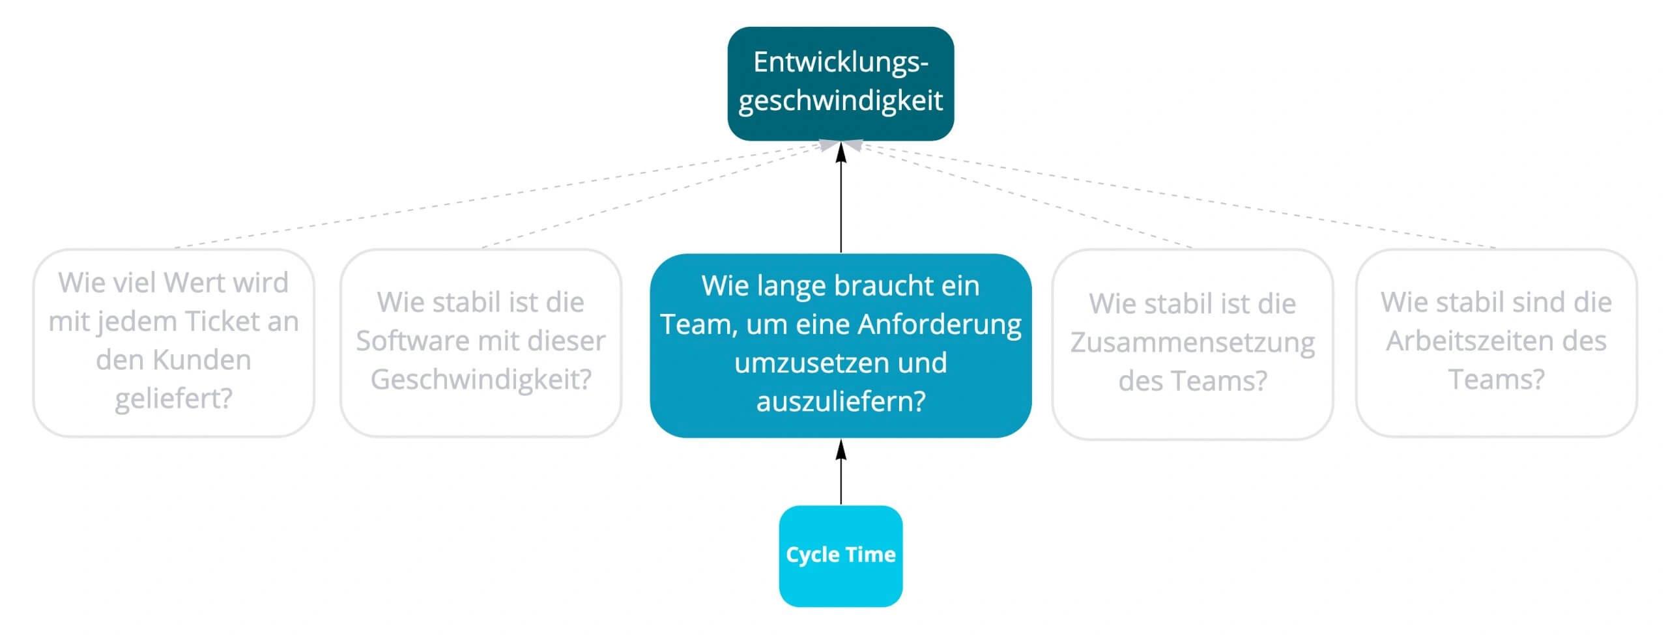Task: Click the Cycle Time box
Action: (x=841, y=556)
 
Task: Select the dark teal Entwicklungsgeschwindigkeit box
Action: (x=841, y=83)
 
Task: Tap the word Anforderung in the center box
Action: (x=940, y=324)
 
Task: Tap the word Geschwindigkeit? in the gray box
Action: (x=481, y=380)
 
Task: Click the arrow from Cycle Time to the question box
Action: (x=841, y=472)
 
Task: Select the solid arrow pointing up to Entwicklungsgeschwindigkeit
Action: (x=841, y=197)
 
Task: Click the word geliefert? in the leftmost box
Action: (x=173, y=399)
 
